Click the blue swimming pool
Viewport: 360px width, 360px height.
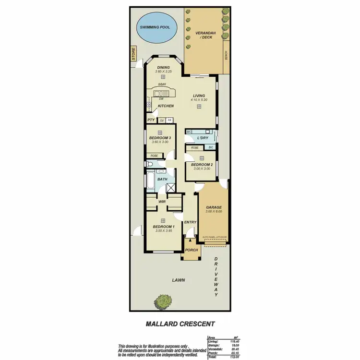[x=155, y=26]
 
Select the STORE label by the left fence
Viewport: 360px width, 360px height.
[x=134, y=54]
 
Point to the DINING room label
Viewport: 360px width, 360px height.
[x=163, y=67]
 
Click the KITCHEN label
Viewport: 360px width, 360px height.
[x=166, y=106]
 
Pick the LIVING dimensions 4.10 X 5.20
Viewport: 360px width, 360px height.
[x=199, y=100]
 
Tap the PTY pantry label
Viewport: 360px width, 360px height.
[x=151, y=120]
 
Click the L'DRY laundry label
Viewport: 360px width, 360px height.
[x=202, y=138]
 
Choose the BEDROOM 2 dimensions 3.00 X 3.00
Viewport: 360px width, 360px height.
[x=201, y=168]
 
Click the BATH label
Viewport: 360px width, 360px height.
[x=163, y=179]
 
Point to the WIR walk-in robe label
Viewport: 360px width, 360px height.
[x=162, y=202]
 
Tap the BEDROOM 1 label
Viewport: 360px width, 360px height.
[x=164, y=227]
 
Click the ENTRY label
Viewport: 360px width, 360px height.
[x=190, y=222]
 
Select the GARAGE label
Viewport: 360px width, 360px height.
[x=214, y=207]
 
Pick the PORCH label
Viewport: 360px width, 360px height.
[x=192, y=250]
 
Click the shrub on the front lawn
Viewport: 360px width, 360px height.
[x=163, y=302]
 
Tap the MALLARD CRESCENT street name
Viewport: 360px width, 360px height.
[x=180, y=324]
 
